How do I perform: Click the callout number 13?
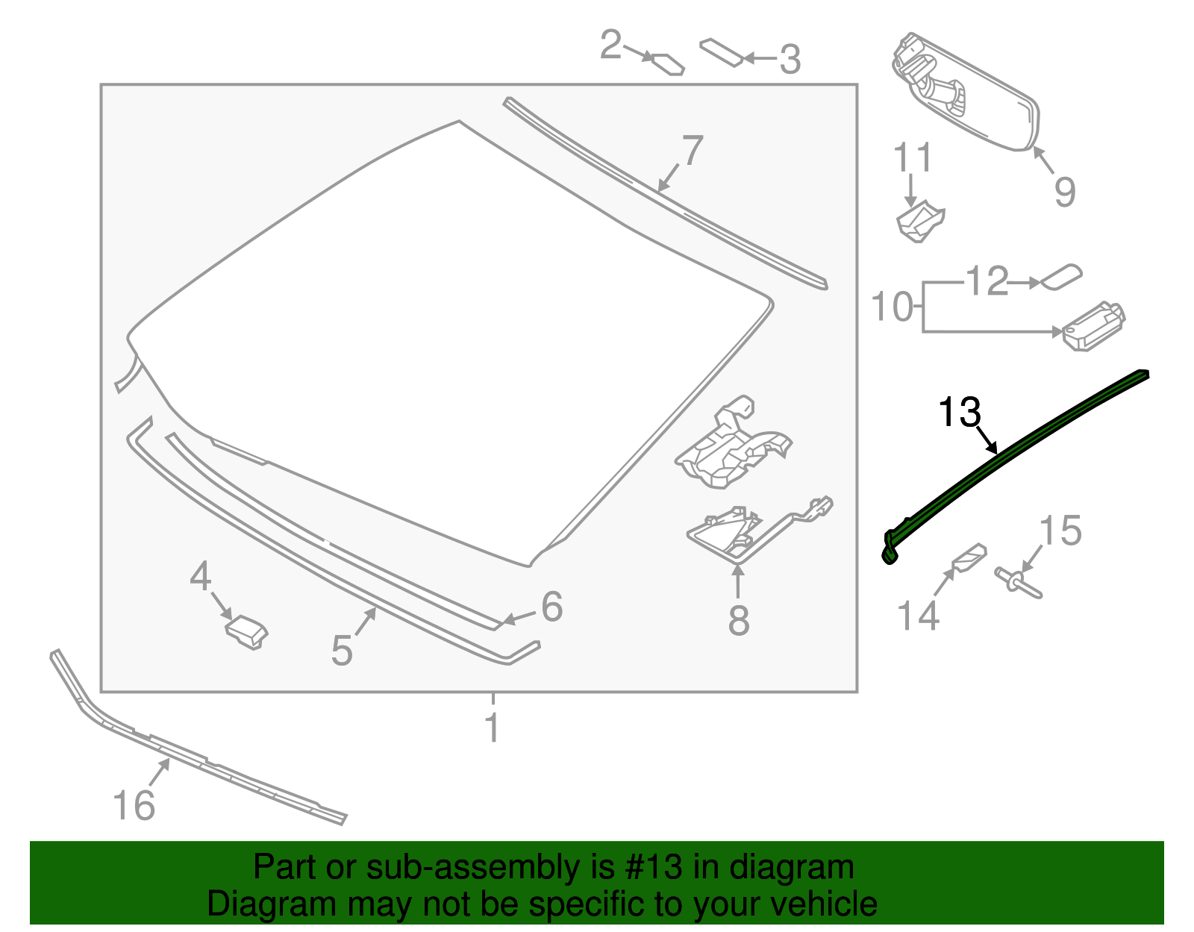[959, 412]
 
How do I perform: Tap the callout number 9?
[1065, 191]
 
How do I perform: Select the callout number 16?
[134, 805]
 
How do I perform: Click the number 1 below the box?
[492, 728]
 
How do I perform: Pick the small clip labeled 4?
[246, 631]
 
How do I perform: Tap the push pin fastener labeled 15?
[1018, 582]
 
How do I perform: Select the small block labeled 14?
[969, 557]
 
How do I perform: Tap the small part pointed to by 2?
[669, 63]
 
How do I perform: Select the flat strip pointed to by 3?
[721, 52]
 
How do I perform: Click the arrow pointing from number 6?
[520, 616]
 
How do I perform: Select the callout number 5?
[342, 651]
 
